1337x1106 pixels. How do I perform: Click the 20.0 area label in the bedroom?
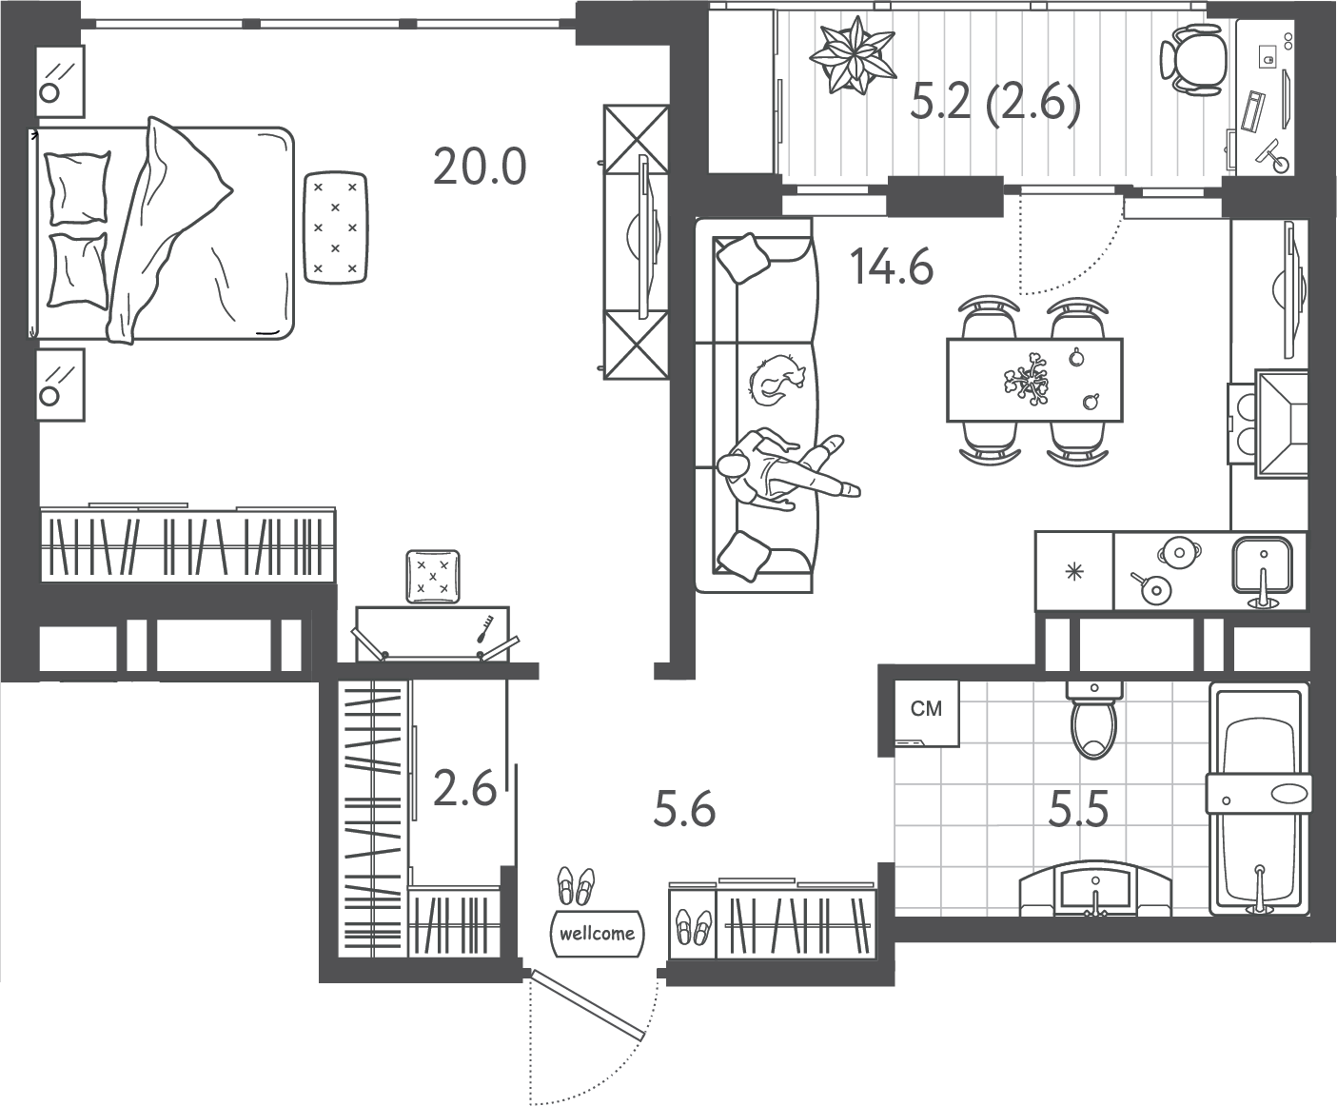480,167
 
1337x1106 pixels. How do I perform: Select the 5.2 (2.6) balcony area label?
995,104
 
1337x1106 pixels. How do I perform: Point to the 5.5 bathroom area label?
1078,809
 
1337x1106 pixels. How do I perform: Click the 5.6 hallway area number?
684,809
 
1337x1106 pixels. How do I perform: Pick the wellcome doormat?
597,933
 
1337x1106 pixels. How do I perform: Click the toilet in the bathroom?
1093,720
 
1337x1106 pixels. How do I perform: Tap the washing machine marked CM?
927,713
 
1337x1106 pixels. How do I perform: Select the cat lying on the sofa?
777,380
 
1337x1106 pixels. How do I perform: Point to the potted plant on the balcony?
853,56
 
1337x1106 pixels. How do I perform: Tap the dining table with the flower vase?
1034,380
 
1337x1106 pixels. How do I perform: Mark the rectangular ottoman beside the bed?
335,227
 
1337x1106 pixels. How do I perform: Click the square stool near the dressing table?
433,576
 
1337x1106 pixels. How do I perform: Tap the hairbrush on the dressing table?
484,628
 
